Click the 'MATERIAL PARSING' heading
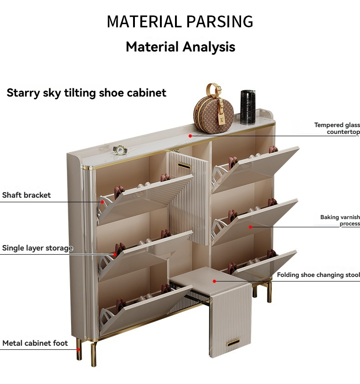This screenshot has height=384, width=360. click(180, 21)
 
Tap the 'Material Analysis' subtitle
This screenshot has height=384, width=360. click(180, 46)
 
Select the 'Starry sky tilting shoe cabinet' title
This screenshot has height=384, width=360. click(87, 93)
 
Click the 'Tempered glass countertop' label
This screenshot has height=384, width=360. click(337, 128)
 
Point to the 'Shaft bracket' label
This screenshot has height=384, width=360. click(26, 195)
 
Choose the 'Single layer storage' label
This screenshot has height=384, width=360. click(37, 248)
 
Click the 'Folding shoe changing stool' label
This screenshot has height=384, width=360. click(318, 275)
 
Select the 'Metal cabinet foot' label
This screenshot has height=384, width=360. click(35, 343)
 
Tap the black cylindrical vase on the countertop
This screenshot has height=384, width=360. click(248, 107)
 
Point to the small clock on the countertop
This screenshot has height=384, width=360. click(120, 150)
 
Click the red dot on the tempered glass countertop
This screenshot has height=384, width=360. click(190, 135)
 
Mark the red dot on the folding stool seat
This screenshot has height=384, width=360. click(214, 281)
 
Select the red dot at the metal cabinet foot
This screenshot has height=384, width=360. click(78, 349)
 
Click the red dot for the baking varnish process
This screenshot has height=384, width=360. click(250, 226)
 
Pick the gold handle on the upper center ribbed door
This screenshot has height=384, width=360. click(184, 166)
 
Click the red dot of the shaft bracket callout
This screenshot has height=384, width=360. click(103, 201)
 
